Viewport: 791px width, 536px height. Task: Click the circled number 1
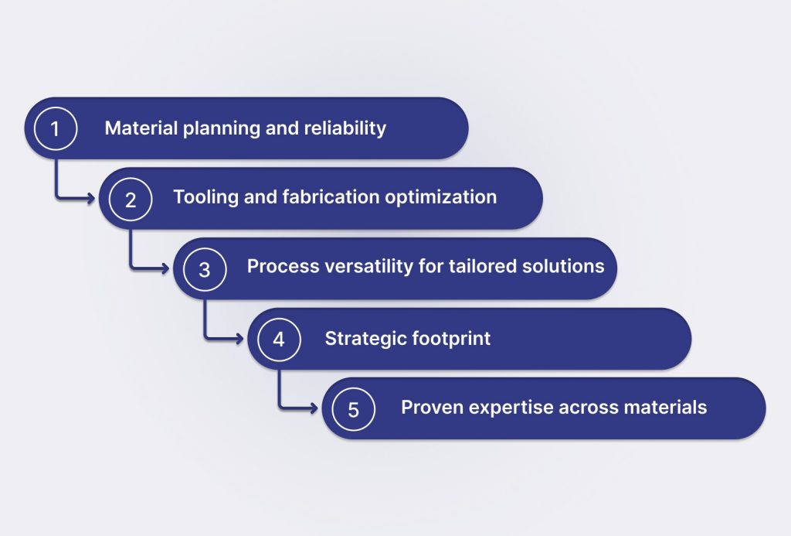click(x=56, y=128)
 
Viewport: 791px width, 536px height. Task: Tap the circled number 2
click(x=130, y=199)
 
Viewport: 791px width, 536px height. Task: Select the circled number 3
click(x=204, y=269)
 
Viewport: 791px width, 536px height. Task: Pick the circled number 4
click(x=279, y=339)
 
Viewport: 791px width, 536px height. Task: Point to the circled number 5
click(x=353, y=408)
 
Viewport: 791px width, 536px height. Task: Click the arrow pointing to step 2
click(x=56, y=197)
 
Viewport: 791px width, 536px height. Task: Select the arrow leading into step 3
click(x=131, y=268)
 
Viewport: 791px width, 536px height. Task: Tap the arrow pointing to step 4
click(x=205, y=337)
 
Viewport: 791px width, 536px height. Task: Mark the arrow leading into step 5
click(x=280, y=407)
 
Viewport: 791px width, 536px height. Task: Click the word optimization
click(x=441, y=197)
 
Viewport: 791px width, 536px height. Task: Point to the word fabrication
click(x=331, y=197)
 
